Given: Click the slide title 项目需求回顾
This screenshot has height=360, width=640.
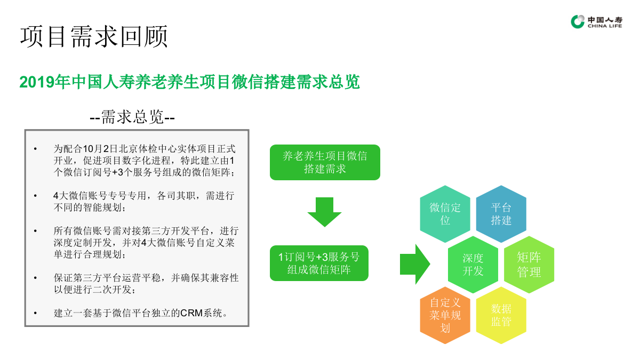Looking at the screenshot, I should [x=94, y=36].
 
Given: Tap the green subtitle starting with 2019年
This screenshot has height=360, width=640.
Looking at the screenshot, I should [x=189, y=82].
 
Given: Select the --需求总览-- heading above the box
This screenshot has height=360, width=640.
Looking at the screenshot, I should [x=132, y=117].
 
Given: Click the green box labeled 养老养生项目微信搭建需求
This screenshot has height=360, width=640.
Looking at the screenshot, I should [x=325, y=162].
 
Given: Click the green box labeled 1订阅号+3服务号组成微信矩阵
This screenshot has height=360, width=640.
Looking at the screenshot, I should [x=319, y=263].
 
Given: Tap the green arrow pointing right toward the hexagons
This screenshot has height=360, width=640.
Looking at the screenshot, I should [x=415, y=263].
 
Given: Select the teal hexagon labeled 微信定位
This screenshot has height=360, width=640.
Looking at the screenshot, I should [x=445, y=214].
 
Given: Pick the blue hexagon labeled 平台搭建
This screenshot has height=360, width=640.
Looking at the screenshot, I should [x=501, y=214].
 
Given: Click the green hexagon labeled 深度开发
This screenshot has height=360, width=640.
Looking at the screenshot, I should [x=473, y=265].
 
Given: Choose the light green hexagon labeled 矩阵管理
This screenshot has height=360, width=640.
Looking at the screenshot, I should [x=529, y=265].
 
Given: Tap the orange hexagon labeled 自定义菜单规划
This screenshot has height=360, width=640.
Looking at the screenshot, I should [x=445, y=315].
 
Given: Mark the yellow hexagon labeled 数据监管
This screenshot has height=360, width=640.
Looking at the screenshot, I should [x=501, y=315].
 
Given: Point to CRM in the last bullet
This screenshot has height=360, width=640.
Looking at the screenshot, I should [x=191, y=313].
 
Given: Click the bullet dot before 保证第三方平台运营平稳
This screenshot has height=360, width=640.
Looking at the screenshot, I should [x=35, y=278].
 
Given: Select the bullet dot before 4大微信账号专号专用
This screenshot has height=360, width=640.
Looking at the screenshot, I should [x=35, y=196].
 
